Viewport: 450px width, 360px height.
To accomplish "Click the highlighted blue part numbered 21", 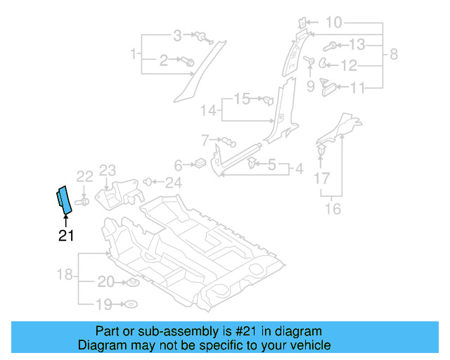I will click(63, 200).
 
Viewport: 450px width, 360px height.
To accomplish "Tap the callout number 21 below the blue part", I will click(65, 236).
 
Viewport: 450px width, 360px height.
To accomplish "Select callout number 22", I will click(84, 176).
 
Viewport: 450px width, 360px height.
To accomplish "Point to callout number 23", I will click(107, 169).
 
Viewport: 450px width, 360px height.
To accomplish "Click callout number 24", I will click(173, 183).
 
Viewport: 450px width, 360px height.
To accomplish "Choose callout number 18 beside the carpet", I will click(65, 274).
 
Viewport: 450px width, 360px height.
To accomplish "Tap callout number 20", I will click(105, 283).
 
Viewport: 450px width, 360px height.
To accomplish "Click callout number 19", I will click(104, 304).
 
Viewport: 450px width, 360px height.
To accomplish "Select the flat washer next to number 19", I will click(130, 305).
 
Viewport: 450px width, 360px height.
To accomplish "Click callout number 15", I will click(241, 99).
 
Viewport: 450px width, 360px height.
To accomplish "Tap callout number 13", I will click(357, 46).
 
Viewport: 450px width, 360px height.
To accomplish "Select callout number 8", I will click(394, 53).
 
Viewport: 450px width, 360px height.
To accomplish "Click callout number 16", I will click(333, 209).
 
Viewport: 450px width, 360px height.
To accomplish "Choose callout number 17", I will click(321, 179).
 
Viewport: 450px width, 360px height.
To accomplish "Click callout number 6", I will click(178, 165).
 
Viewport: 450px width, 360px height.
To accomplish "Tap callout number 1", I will click(133, 53).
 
